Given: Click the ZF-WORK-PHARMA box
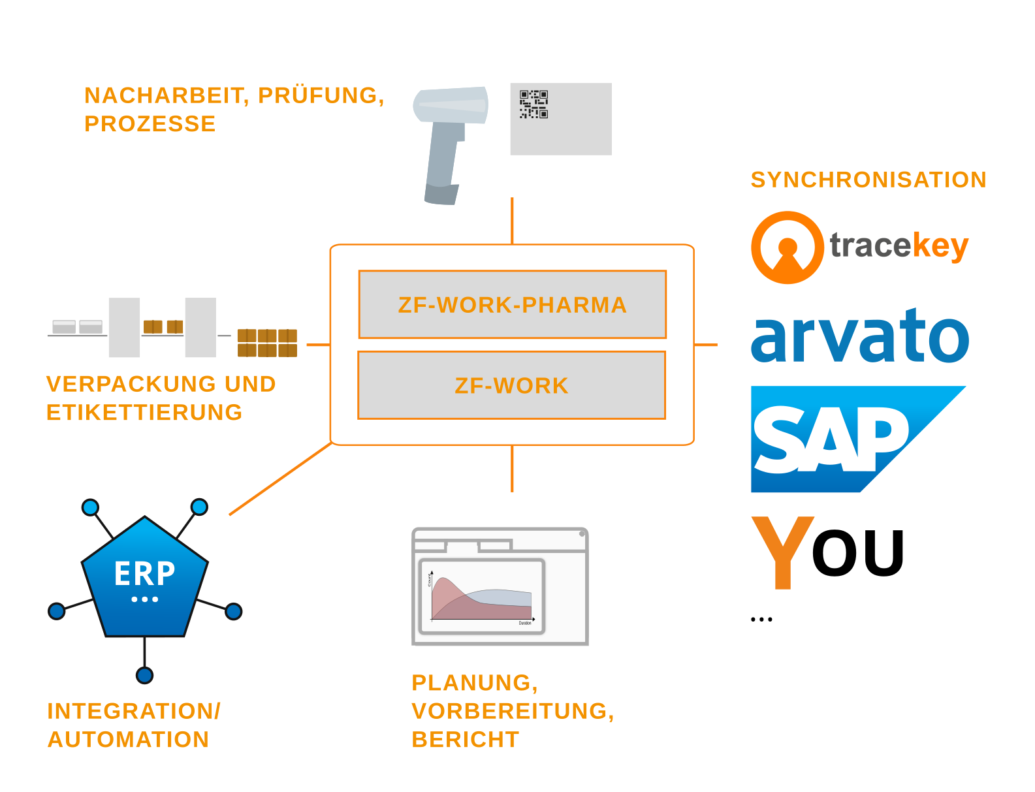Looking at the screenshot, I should click(512, 304).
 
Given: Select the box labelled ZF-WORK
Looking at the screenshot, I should click(511, 385).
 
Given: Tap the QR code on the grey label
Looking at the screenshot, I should click(533, 104).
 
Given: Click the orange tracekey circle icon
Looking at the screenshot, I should click(787, 247).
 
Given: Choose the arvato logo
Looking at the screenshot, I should click(859, 336).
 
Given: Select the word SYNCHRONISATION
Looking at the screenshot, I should click(868, 180).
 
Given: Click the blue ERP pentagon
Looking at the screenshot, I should click(144, 578).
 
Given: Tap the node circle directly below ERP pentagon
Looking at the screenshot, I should click(144, 674).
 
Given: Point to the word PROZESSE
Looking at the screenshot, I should click(150, 123).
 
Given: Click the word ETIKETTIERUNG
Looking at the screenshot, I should click(144, 413).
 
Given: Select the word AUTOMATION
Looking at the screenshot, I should click(128, 739).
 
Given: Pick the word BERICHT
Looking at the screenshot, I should click(465, 739).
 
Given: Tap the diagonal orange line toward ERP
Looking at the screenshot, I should click(281, 479).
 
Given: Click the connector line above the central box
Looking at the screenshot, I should click(512, 221).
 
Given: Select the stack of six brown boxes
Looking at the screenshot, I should click(267, 343).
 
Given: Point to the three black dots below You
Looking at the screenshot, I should click(761, 619).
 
